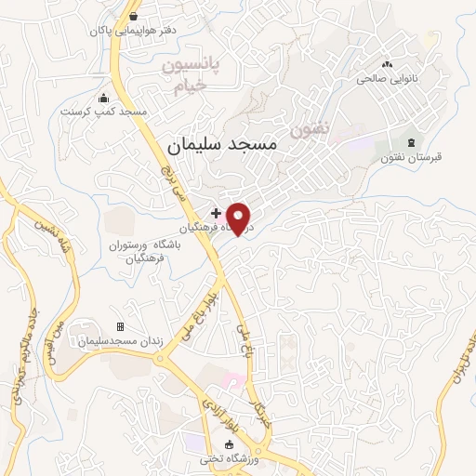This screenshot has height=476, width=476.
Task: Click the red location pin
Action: point(239,217)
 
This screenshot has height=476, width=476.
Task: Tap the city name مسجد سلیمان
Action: point(222,145)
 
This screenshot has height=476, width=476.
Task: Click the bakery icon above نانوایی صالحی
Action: point(388,63)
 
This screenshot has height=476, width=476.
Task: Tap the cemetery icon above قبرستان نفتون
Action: point(410,141)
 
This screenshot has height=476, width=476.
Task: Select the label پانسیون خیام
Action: point(196,76)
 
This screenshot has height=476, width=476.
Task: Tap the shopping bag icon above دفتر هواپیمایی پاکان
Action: point(134,16)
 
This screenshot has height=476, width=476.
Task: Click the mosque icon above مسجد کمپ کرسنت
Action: point(103,97)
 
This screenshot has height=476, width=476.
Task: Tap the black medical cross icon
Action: point(217,213)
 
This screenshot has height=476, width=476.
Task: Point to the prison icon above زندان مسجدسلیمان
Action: point(119,326)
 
